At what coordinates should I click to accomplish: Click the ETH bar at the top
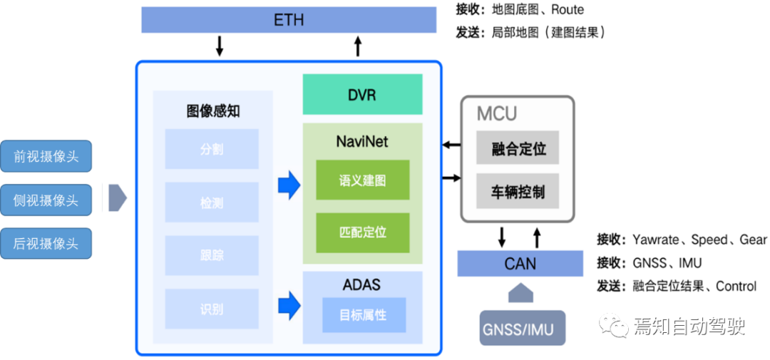pos(289,20)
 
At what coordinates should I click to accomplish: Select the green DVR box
pos(362,95)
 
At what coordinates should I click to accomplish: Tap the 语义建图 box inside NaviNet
pos(363,180)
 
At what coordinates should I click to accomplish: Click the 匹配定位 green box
pos(363,232)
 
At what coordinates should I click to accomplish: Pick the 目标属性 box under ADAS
pos(364,314)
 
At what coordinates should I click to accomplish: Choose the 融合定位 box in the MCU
pos(518,148)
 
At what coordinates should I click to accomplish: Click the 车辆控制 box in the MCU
pos(518,192)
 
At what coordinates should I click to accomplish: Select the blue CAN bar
pos(520,264)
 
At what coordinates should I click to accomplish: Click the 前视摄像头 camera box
pos(46,156)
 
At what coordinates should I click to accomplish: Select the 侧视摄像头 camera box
pos(46,200)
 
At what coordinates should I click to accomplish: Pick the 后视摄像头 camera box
pos(46,244)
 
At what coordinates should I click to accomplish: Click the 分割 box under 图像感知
pos(212,150)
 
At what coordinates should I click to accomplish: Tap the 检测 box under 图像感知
pos(212,203)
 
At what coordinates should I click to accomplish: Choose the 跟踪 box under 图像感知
pos(212,256)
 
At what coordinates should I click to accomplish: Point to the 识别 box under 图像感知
pos(212,309)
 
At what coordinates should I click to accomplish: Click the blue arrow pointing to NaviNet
pos(289,185)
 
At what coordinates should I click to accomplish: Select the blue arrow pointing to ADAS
pos(289,305)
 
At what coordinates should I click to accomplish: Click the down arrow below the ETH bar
pos(220,46)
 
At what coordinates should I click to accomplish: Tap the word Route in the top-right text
pos(567,10)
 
